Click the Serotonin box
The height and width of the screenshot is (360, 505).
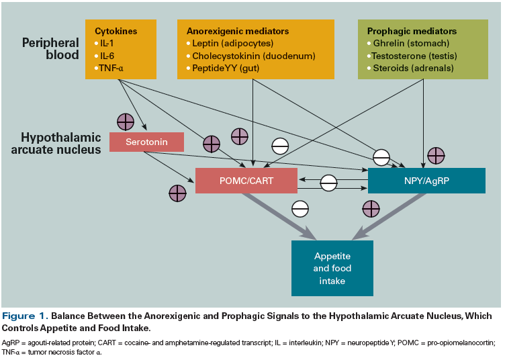[x=146, y=142]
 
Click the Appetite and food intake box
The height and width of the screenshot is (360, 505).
[x=332, y=268]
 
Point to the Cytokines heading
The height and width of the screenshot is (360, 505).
[x=116, y=31]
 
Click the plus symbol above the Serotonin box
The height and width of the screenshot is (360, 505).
[x=125, y=122]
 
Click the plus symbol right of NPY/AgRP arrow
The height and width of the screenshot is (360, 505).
[x=436, y=155]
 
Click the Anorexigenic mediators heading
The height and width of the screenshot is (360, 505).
[x=237, y=31]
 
